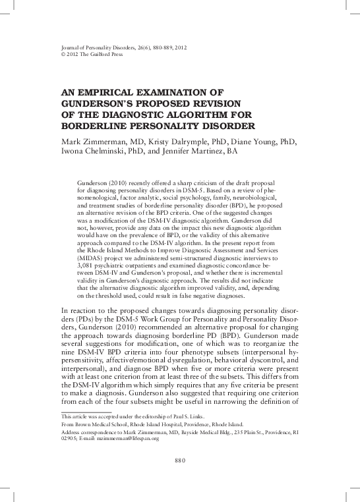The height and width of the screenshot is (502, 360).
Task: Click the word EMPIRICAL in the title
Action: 115,94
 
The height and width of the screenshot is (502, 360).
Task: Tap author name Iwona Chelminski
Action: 100,152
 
